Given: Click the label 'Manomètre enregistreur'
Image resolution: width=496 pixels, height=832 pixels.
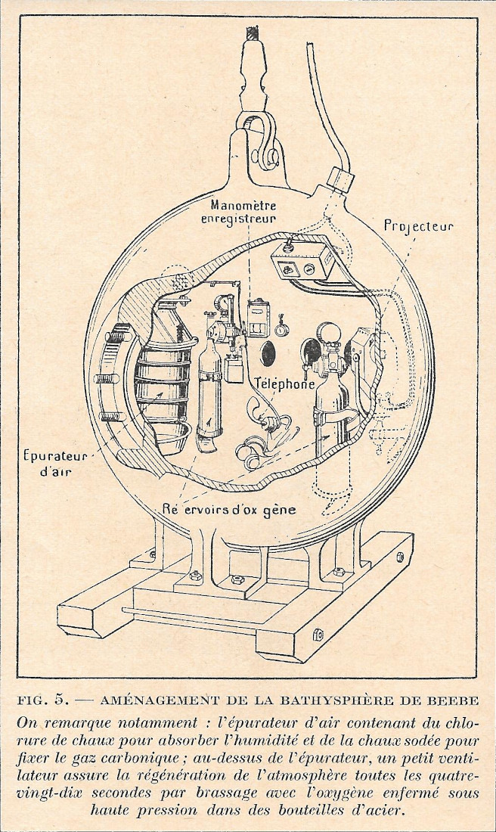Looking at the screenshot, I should click(244, 211).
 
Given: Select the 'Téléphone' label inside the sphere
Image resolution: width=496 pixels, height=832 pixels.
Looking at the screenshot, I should click(284, 383).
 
